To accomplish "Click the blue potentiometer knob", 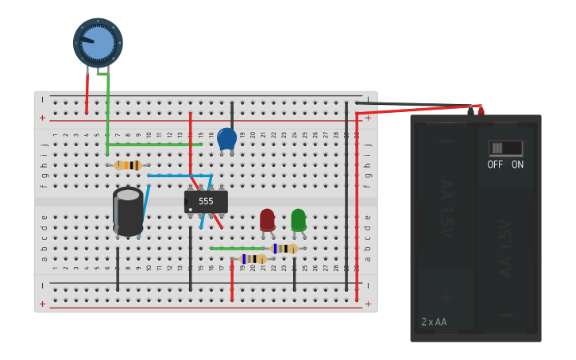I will [98, 42].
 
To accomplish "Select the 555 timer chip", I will [206, 202].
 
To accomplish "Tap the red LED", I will [268, 219].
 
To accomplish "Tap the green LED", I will [298, 219].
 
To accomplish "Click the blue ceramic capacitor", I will [226, 139].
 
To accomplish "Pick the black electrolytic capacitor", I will [128, 211].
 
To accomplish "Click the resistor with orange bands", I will [128, 165].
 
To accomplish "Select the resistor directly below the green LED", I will [284, 249].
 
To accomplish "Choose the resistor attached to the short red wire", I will [253, 259].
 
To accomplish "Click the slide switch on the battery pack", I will [505, 148].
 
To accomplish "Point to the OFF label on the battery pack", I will [495, 165].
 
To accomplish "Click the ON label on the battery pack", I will [517, 165].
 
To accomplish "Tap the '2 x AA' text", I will [434, 322].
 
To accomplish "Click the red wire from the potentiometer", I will [87, 94].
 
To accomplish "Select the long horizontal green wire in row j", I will [155, 145].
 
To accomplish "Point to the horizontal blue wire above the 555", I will [179, 176].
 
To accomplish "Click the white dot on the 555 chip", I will [189, 210].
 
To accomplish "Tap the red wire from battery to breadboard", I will [413, 110].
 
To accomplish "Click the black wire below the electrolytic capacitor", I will [118, 269].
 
